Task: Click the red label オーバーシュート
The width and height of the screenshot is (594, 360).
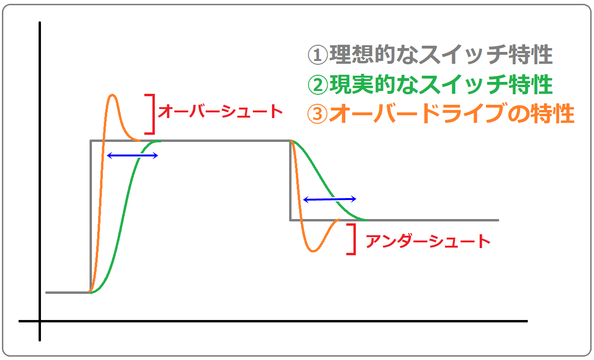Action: tap(220, 111)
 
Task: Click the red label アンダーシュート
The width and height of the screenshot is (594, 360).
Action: tap(428, 241)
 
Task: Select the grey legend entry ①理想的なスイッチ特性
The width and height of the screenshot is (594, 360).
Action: tap(430, 55)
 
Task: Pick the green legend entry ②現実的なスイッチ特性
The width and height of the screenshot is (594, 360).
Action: tap(430, 85)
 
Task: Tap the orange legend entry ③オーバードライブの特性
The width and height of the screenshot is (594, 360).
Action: tap(441, 113)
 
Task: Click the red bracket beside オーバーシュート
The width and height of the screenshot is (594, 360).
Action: tap(153, 114)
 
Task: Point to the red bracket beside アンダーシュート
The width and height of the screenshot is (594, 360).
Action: tap(354, 239)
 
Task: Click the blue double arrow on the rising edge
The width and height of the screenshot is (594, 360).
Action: tap(132, 156)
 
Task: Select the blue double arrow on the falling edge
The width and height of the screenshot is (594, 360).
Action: tap(330, 199)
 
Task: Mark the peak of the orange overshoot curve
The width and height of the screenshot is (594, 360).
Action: tap(112, 95)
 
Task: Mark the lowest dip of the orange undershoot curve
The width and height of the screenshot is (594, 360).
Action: tap(313, 251)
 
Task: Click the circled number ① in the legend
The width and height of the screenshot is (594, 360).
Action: tap(318, 55)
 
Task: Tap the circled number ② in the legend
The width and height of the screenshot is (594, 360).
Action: tap(318, 85)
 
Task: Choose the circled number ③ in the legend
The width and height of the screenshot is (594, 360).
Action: tap(317, 114)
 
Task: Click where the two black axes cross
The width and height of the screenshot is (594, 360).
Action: tap(40, 321)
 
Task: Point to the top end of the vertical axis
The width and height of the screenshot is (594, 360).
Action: tap(40, 22)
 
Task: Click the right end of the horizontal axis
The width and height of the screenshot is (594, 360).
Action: tap(527, 321)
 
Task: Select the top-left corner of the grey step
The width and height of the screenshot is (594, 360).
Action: tap(91, 141)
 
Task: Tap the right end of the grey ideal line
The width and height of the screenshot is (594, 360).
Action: tap(498, 220)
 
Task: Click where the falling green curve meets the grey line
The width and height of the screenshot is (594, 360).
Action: tap(366, 220)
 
